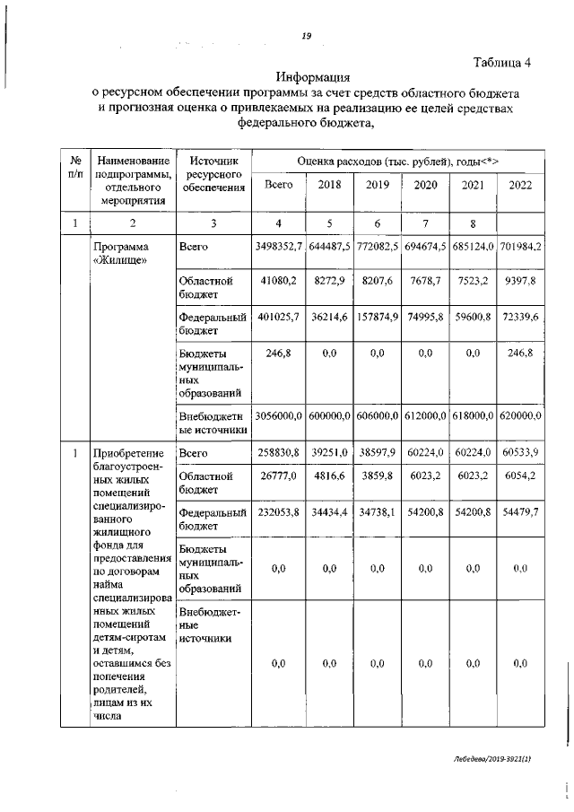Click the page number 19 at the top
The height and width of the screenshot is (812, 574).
[306, 35]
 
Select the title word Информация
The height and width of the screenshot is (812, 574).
[314, 76]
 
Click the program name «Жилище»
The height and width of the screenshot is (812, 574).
[121, 253]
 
